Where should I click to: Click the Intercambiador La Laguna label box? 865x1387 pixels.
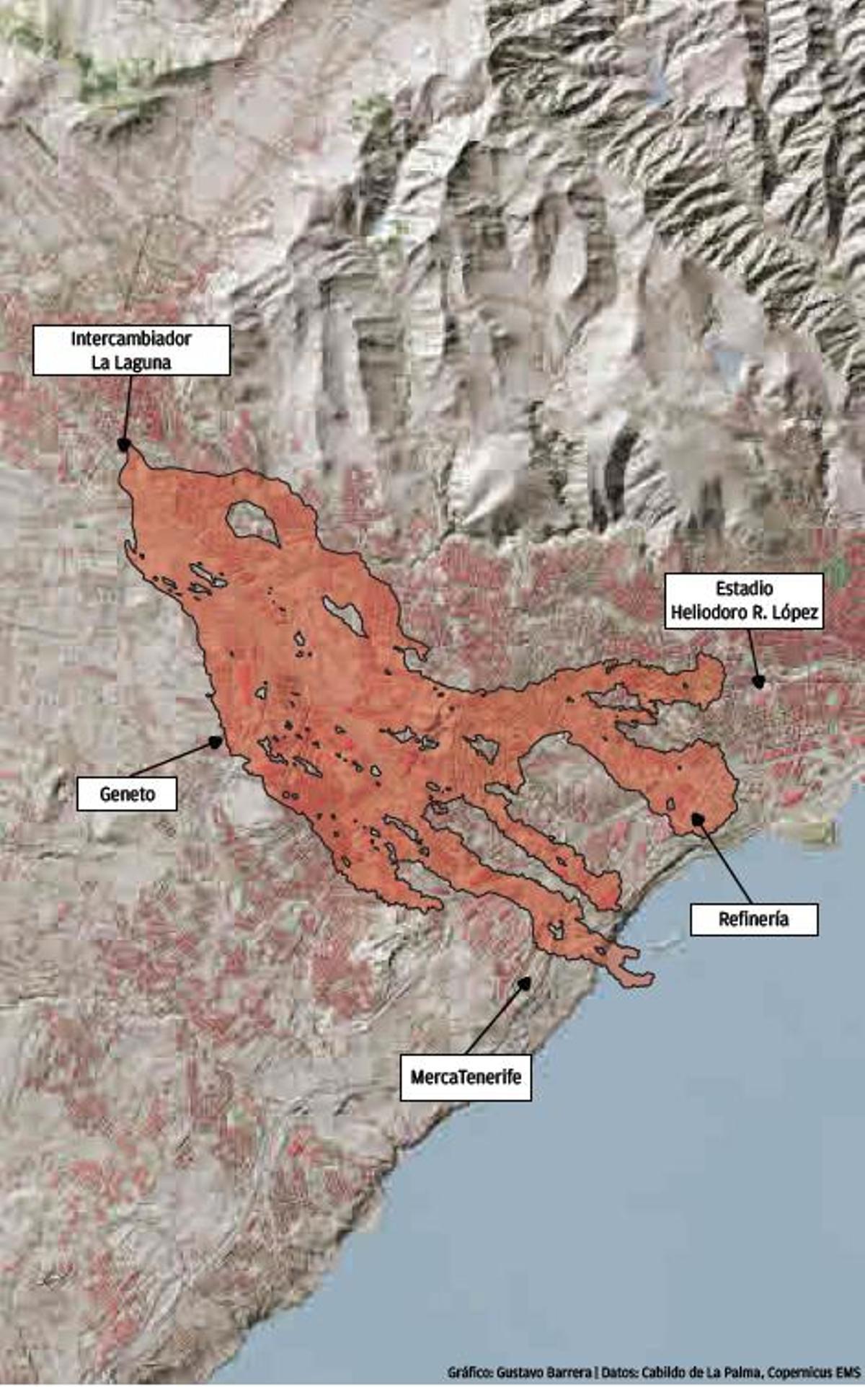click(131, 350)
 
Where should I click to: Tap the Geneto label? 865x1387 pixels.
click(127, 794)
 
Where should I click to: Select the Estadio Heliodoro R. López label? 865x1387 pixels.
click(743, 601)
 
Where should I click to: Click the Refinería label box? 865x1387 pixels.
click(753, 919)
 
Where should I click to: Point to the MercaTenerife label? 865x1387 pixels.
click(466, 1077)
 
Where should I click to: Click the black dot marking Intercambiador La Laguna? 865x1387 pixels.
click(124, 445)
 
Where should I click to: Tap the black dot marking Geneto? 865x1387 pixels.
click(215, 741)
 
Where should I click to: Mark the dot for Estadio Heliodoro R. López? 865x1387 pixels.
click(758, 681)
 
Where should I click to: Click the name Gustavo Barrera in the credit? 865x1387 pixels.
click(544, 1372)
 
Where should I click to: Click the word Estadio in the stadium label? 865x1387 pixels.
click(744, 588)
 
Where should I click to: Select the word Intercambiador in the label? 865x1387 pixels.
click(131, 338)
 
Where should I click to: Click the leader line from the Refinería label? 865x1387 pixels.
click(724, 861)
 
